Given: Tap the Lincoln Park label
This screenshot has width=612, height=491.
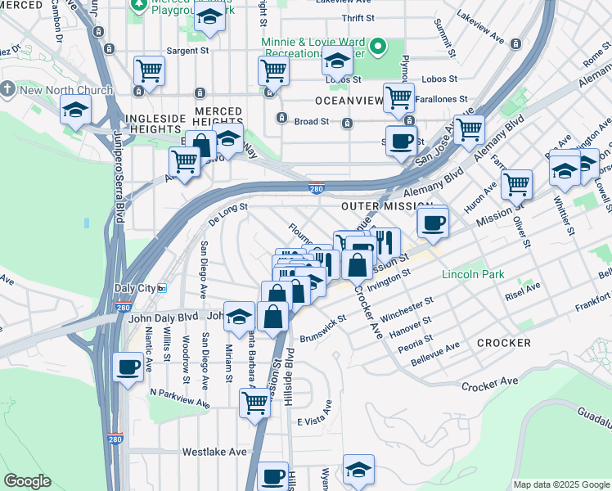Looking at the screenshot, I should [x=473, y=275].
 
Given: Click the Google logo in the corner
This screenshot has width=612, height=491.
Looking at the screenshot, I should [x=27, y=481].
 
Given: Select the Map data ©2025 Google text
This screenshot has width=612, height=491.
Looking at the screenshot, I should [x=561, y=484].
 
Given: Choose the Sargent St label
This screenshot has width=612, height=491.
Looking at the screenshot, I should [x=187, y=51].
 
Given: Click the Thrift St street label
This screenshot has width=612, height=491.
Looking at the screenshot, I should [x=358, y=17].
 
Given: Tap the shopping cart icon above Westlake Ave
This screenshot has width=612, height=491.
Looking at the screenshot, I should [x=255, y=402].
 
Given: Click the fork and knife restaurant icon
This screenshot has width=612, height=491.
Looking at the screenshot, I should [x=385, y=242].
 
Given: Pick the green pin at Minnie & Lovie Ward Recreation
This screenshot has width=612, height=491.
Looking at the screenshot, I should [x=379, y=47].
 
